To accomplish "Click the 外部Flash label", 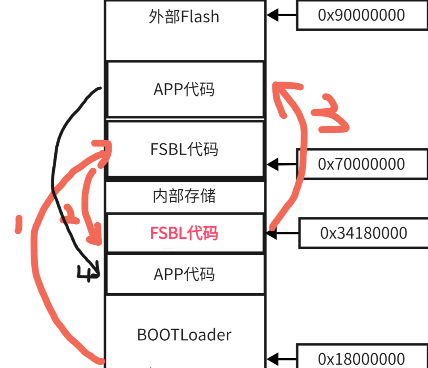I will (x=184, y=17).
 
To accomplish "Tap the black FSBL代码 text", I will (x=184, y=149).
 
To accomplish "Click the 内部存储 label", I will (x=184, y=196).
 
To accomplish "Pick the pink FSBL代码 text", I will (x=184, y=233).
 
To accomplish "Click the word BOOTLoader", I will (x=184, y=335).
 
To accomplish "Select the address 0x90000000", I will (x=361, y=15).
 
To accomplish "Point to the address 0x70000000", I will (x=361, y=164).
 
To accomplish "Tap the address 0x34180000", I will (x=363, y=233).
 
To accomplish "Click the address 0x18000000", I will (x=361, y=359).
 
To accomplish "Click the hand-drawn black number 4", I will (x=88, y=273).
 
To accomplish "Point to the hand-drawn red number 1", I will (x=17, y=224).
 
